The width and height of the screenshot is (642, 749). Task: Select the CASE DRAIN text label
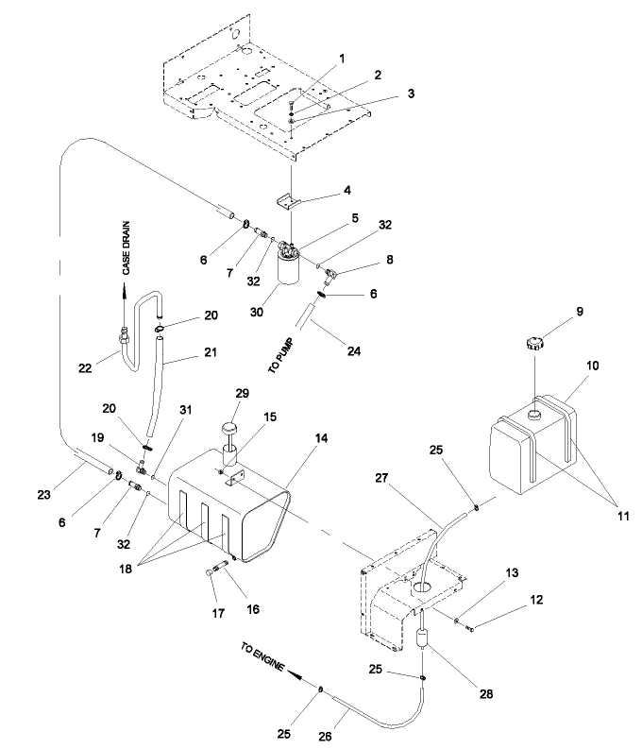(125, 247)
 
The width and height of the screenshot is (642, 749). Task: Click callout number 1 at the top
(342, 59)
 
